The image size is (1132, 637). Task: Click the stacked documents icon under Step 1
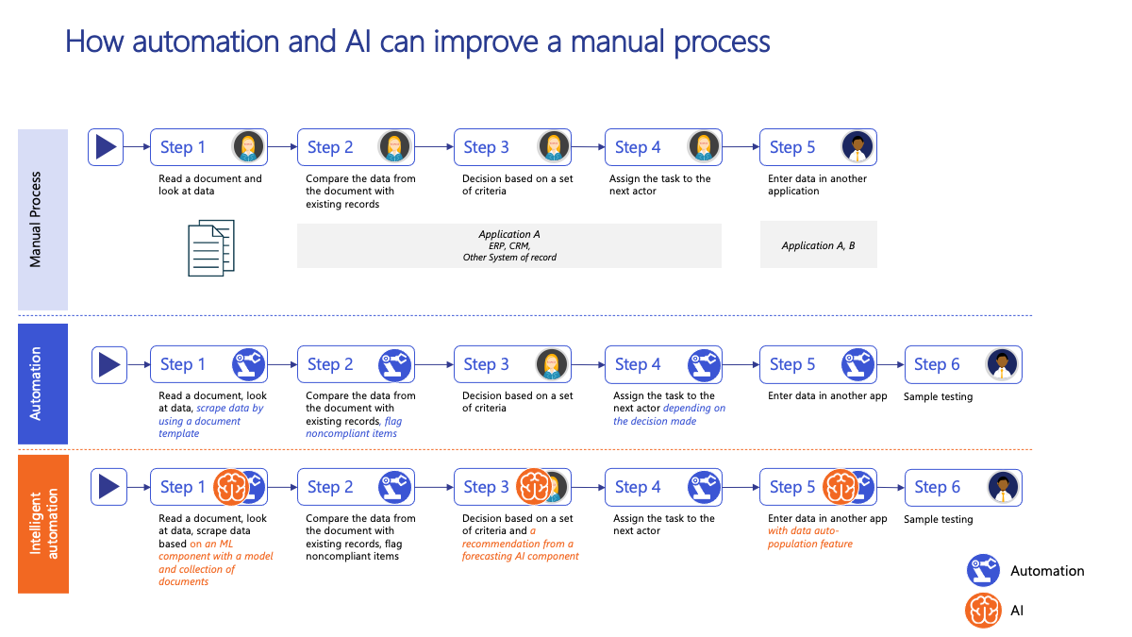point(211,247)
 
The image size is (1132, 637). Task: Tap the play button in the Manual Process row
point(106,147)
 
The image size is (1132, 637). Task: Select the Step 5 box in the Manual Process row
point(818,147)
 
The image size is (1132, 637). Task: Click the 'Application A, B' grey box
point(819,244)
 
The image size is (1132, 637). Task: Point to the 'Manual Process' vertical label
point(35,219)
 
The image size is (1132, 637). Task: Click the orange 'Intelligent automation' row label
point(43,524)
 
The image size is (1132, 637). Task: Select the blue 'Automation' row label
point(43,384)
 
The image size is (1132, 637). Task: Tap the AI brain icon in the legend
point(983,611)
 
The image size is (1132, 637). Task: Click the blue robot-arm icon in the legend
point(983,570)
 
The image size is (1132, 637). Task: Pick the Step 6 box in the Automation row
point(963,364)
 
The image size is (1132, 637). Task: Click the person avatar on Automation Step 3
point(551,364)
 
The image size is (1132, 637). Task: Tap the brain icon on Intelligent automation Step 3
point(534,487)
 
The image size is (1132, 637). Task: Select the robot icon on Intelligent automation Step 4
point(704,487)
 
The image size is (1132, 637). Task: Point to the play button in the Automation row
point(109,365)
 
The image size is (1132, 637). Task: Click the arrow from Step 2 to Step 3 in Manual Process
point(434,147)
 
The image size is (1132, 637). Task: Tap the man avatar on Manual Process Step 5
point(857,147)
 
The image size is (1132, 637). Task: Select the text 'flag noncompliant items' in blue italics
point(354,427)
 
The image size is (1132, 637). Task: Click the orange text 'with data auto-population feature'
point(810,537)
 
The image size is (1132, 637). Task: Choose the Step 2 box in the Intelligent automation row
point(356,487)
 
